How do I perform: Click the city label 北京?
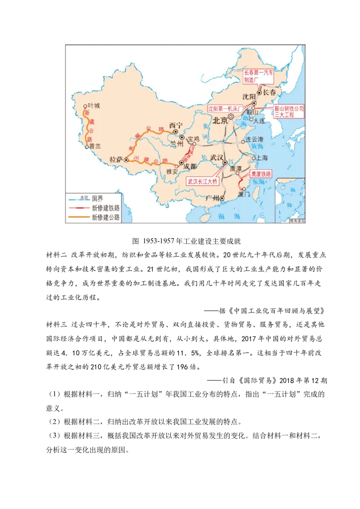[x=220, y=120]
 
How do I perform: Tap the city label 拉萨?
[x=117, y=160]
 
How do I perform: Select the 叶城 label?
[x=94, y=106]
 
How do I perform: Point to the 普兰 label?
[x=95, y=146]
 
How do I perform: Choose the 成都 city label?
[x=190, y=166]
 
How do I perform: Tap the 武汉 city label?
[x=216, y=158]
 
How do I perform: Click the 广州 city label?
[x=212, y=198]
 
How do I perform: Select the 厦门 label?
[x=244, y=195]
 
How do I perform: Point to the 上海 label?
[x=262, y=158]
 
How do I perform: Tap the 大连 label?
[x=260, y=120]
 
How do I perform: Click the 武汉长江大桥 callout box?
[x=202, y=181]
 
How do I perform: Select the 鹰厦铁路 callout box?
[x=261, y=174]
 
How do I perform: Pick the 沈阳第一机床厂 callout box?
[x=225, y=108]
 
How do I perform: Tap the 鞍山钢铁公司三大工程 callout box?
[x=289, y=112]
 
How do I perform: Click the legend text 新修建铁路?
[x=106, y=208]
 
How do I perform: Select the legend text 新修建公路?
[x=106, y=217]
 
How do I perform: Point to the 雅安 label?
[x=172, y=171]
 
